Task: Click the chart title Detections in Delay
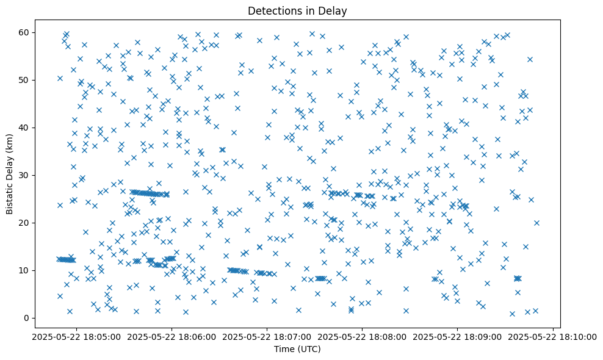[297, 10]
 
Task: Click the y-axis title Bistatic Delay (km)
[10, 167]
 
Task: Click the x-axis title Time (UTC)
[297, 350]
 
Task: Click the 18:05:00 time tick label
[77, 336]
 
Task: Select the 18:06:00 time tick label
[172, 336]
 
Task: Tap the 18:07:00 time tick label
[267, 336]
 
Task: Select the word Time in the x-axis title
[284, 350]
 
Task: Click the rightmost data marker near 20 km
[536, 223]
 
